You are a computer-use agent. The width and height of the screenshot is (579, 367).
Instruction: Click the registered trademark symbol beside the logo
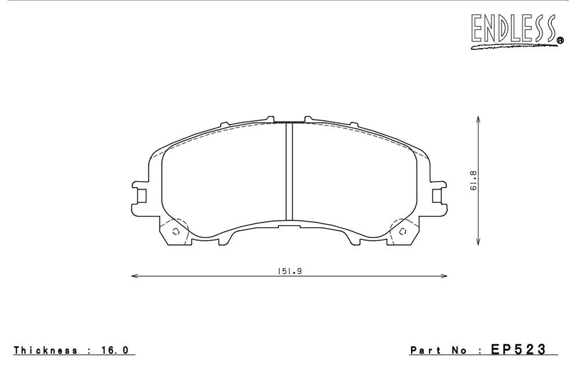(560, 41)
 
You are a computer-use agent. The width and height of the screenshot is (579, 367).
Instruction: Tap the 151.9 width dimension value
(290, 271)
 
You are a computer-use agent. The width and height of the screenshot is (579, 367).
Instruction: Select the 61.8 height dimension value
(474, 181)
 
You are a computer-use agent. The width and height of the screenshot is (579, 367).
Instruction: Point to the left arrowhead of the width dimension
(135, 276)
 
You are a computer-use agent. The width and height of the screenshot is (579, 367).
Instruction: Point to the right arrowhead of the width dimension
(444, 276)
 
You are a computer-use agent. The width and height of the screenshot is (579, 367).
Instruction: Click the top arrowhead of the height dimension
(478, 120)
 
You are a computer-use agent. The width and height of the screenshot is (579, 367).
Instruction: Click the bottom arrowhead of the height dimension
(478, 241)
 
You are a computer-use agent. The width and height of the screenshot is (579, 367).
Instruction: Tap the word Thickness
(46, 350)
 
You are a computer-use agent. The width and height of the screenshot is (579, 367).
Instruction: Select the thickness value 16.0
(115, 350)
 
